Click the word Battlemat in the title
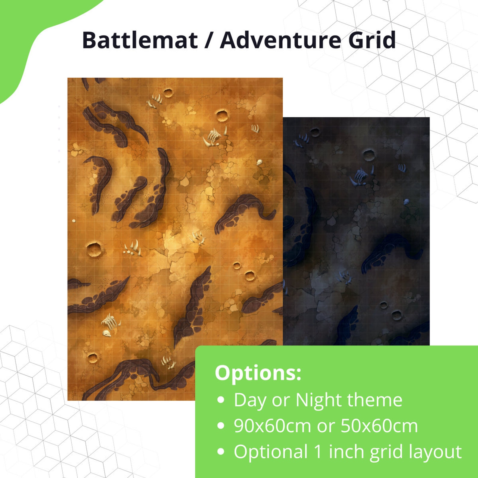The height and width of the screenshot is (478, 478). pos(140,40)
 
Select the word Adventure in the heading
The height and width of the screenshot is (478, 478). pos(280,40)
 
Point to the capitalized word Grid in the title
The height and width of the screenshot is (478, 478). pos(372,40)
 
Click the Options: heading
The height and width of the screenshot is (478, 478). pos(258,373)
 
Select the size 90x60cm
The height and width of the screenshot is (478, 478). pos(272,426)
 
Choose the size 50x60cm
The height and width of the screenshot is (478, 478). pos(379,426)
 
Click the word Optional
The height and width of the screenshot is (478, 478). pos(271,452)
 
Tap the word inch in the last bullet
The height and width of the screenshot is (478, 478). pos(346,452)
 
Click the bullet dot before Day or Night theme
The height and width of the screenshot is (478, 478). pos(221,400)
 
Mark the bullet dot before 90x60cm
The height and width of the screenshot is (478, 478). pos(221,426)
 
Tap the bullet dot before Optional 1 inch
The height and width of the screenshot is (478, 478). pos(221,452)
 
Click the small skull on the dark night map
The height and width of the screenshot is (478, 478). pos(406,201)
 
